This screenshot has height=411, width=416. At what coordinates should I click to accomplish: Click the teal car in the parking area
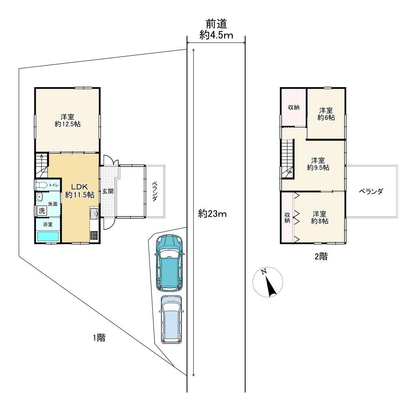click(x=169, y=263)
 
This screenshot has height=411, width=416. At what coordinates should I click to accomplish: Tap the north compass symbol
click(x=267, y=281)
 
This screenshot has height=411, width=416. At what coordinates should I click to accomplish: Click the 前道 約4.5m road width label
click(x=216, y=30)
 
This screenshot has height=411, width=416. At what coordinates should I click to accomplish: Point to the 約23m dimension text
click(x=212, y=213)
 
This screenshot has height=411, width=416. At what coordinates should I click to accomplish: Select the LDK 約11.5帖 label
click(x=79, y=191)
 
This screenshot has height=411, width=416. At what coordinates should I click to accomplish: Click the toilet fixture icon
click(x=42, y=185)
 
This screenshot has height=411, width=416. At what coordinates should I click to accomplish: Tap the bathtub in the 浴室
click(x=48, y=236)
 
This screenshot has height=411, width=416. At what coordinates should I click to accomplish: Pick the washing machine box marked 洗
click(x=42, y=211)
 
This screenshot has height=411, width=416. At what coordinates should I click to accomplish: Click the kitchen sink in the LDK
click(x=94, y=213)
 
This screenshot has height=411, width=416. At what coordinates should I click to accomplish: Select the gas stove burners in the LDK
click(x=94, y=235)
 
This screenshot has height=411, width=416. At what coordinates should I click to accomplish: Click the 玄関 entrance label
click(x=108, y=191)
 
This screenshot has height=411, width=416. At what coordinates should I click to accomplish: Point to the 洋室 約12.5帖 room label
click(x=67, y=120)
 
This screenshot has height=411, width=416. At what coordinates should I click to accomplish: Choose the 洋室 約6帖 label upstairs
click(x=326, y=114)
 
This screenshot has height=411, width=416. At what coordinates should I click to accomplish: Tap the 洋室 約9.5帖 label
click(x=318, y=164)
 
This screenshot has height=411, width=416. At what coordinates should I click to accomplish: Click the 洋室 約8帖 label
click(x=319, y=217)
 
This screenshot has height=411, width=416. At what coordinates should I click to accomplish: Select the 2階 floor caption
click(x=321, y=256)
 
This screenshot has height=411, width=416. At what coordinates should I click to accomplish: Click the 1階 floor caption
click(x=99, y=337)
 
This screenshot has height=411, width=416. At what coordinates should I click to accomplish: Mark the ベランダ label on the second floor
click(x=371, y=192)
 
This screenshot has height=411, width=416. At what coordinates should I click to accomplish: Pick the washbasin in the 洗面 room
click(x=40, y=197)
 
